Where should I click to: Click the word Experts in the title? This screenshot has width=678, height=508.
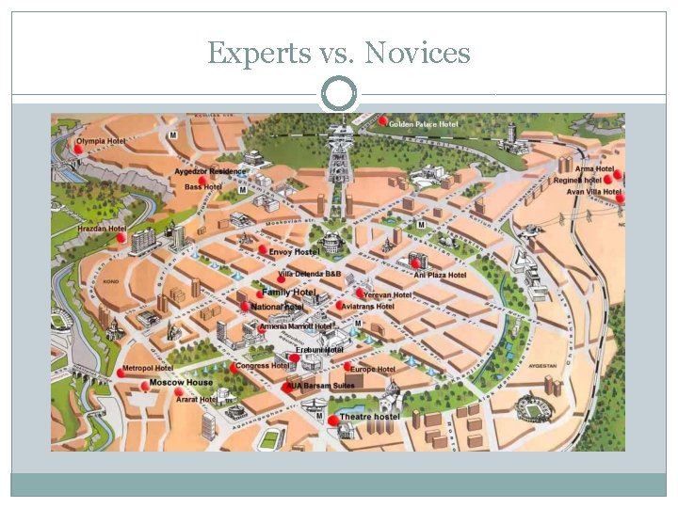click(256, 54)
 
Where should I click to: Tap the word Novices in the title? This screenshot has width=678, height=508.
click(417, 54)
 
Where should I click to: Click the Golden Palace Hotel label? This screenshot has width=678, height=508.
click(424, 124)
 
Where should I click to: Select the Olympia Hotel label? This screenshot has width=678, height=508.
click(102, 141)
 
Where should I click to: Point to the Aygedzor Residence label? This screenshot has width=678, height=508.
click(210, 171)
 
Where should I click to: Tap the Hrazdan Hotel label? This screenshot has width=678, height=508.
click(102, 229)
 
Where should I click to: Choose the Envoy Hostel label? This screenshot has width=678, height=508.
click(294, 251)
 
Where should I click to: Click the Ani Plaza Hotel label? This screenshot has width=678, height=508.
click(440, 275)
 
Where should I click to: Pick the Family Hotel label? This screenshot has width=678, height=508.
click(288, 294)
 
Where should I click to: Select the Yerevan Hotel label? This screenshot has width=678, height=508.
click(388, 294)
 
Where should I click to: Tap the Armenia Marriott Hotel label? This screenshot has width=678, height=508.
click(296, 325)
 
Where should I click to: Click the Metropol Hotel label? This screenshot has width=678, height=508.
click(148, 368)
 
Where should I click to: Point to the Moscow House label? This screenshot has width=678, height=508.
click(181, 383)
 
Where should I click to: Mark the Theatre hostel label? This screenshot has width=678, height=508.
click(369, 416)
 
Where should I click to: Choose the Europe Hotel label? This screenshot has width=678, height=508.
click(373, 370)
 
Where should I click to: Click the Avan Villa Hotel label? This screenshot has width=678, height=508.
click(593, 192)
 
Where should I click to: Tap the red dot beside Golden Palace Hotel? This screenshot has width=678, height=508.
click(383, 121)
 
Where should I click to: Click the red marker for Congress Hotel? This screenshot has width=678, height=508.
click(234, 368)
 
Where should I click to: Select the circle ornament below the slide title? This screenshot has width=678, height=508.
click(339, 94)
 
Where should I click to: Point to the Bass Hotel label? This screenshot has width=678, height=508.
click(203, 187)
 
